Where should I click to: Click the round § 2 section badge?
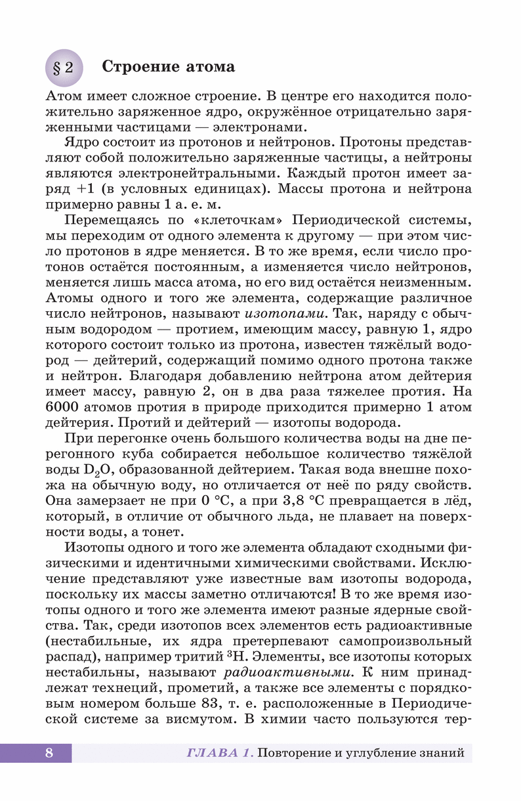pyautogui.click(x=63, y=68)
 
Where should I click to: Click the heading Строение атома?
pyautogui.click(x=169, y=67)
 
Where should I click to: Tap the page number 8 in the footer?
pyautogui.click(x=49, y=752)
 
